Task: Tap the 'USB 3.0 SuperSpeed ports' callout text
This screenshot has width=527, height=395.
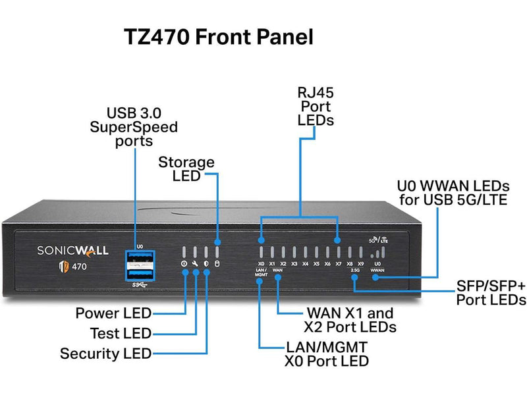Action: (134, 126)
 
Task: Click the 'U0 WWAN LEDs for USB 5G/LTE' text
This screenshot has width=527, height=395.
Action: (452, 192)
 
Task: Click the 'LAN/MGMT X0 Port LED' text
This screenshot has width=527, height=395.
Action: (327, 354)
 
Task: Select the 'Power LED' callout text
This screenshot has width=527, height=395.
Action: (113, 313)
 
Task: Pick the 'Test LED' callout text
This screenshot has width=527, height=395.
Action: (121, 333)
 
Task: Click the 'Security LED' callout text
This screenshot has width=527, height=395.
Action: (105, 354)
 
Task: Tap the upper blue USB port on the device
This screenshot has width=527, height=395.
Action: (139, 259)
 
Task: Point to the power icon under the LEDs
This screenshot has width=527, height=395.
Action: (184, 265)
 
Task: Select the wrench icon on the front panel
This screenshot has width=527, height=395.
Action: (195, 265)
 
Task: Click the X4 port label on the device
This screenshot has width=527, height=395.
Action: (305, 264)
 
